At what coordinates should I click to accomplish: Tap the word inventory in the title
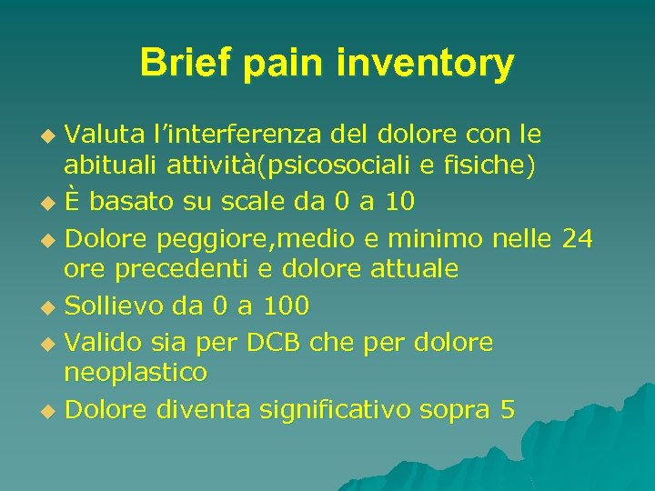point(425,64)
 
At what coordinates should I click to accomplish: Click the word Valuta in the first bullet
point(100,135)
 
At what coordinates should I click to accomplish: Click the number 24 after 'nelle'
point(577,238)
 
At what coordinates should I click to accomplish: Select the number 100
point(284,306)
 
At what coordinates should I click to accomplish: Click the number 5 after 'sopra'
point(507,409)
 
